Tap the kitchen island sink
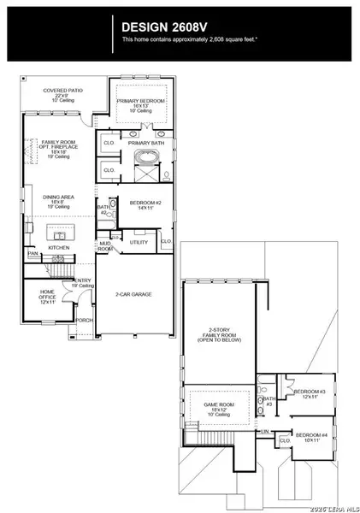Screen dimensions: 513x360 coord(60,235)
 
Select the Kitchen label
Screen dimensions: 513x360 coord(58,248)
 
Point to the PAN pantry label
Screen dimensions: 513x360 coord(32,254)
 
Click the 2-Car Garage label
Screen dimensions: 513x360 coord(133,294)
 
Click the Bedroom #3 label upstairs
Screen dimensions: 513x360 coord(306,393)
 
